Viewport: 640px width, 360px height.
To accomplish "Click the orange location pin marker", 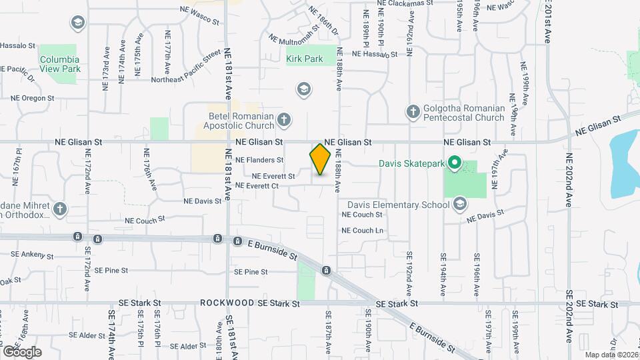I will (x=321, y=159).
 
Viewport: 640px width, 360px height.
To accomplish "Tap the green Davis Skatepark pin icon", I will (x=455, y=162).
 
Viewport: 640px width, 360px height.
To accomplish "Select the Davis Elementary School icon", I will (x=459, y=205).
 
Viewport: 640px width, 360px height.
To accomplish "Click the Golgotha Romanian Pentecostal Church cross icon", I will (x=413, y=112).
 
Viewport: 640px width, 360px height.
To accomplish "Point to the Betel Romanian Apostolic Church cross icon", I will (x=284, y=120).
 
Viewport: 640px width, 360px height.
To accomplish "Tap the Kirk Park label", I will (x=305, y=59).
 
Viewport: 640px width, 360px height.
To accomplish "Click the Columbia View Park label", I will (x=60, y=63).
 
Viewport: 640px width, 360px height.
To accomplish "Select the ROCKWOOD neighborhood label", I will (x=226, y=303).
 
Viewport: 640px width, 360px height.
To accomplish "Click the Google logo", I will (x=22, y=352).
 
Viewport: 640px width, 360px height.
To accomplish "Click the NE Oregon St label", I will (x=32, y=98).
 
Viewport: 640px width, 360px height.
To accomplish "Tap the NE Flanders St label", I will (x=259, y=160).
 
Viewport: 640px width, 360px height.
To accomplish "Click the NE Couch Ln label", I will (x=363, y=231).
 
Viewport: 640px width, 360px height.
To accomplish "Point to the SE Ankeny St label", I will (x=32, y=255).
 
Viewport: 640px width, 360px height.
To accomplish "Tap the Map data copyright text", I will (x=611, y=354).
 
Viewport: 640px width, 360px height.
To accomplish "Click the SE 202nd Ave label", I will (x=570, y=320).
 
